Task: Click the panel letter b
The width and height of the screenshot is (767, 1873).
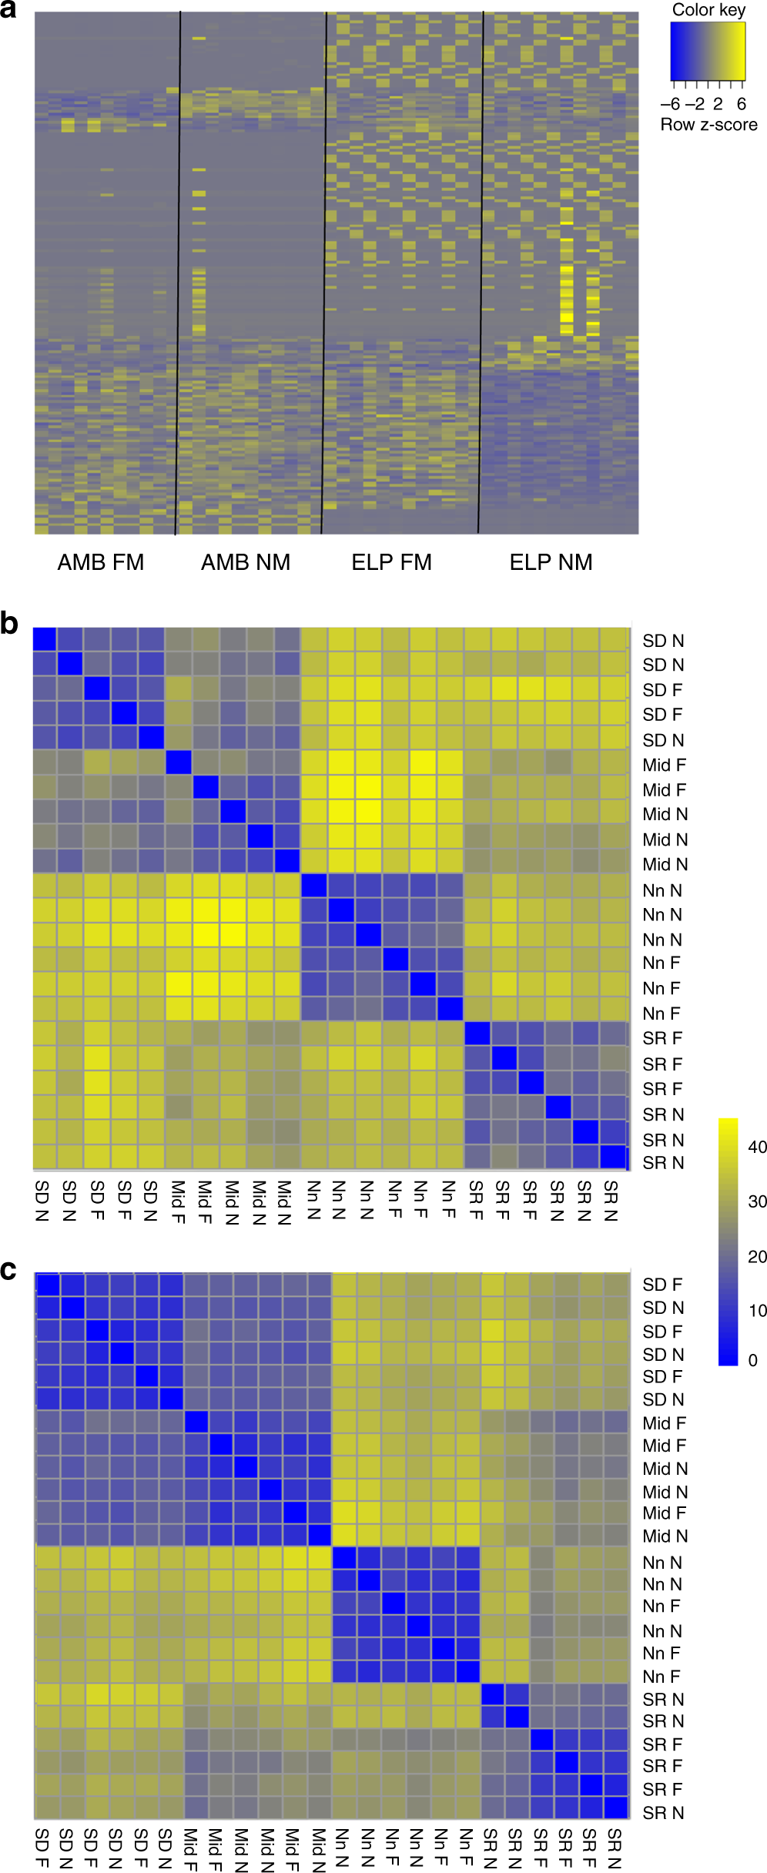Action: (x=9, y=623)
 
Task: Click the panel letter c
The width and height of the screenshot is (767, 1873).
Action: (x=8, y=1270)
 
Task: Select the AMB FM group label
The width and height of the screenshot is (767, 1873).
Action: (x=101, y=562)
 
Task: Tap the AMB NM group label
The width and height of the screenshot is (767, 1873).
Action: (x=246, y=562)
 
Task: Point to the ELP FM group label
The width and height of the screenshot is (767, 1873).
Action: (x=391, y=562)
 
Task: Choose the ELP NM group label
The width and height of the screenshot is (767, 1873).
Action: (x=551, y=562)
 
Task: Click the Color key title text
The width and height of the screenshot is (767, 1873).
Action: (x=708, y=10)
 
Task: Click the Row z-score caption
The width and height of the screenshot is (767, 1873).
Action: (x=708, y=125)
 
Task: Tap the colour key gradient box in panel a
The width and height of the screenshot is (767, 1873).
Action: (x=708, y=52)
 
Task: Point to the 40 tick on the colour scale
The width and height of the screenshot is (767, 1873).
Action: (x=757, y=1147)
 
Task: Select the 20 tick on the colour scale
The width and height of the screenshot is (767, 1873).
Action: (x=757, y=1256)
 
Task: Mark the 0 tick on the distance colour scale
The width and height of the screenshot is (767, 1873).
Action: (x=752, y=1360)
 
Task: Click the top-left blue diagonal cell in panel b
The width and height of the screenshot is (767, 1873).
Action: (x=45, y=640)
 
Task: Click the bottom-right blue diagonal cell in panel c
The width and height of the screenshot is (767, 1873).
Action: (x=617, y=1807)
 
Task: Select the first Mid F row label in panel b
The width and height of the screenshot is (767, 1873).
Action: (x=664, y=765)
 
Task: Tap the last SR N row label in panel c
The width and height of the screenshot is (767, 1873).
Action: (x=663, y=1813)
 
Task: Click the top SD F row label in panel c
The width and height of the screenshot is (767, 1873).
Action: (x=662, y=1285)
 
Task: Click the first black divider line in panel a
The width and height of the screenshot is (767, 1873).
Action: (x=178, y=270)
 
